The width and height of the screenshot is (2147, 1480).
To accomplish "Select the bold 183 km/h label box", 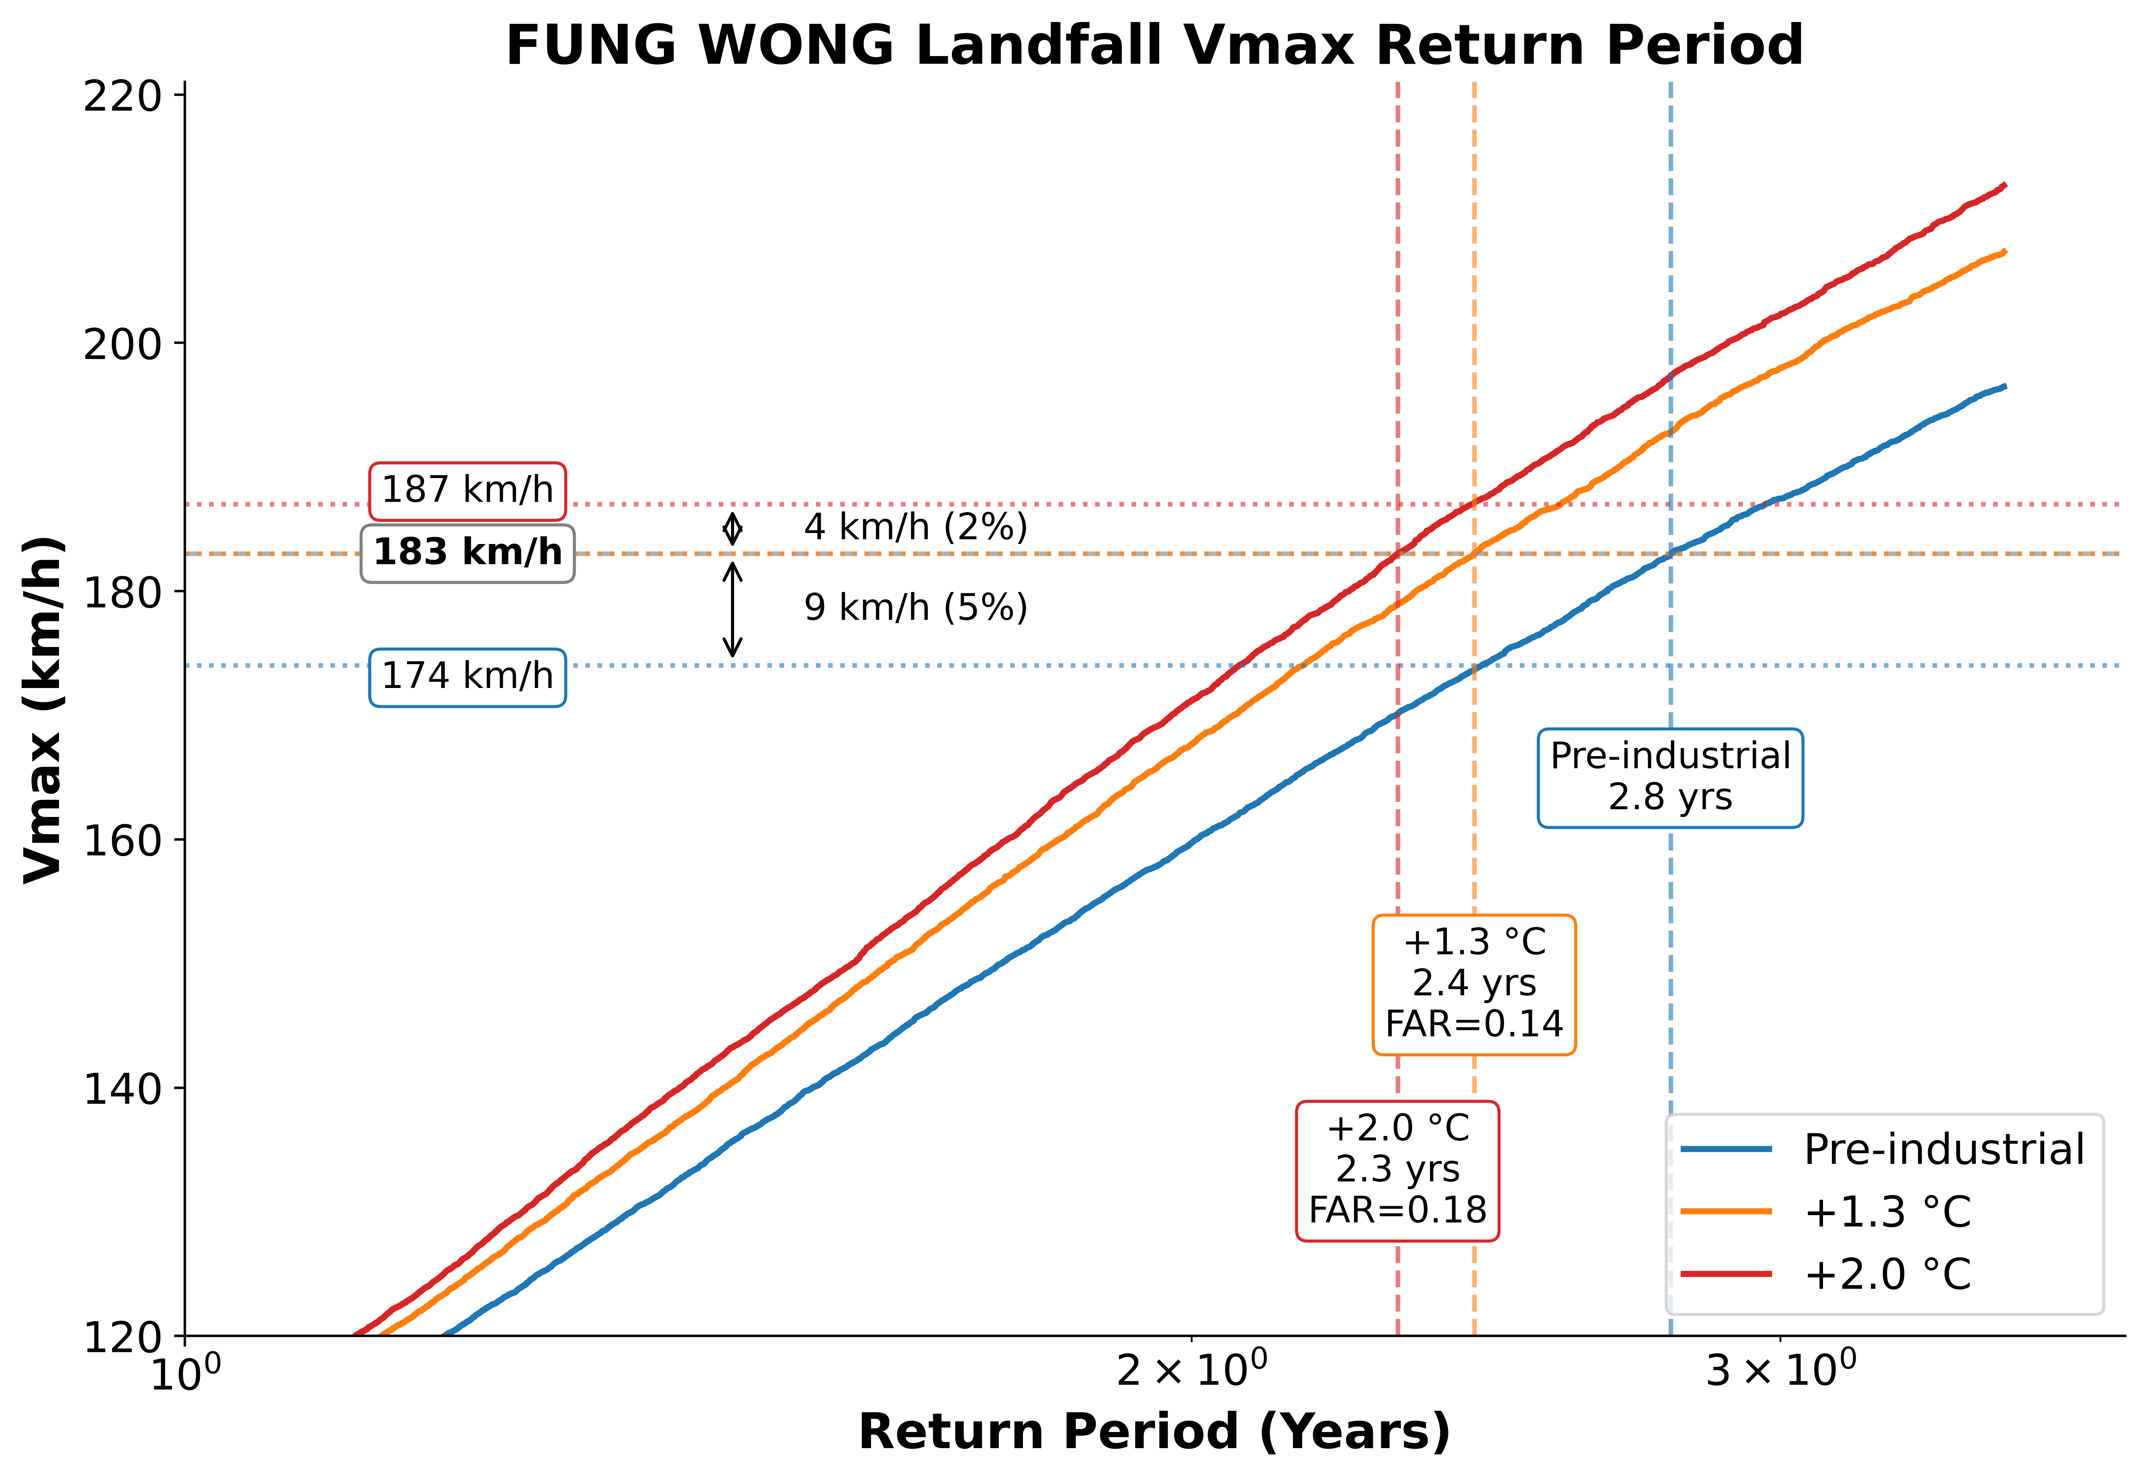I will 468,553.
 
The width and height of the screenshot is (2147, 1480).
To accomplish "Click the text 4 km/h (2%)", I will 915,527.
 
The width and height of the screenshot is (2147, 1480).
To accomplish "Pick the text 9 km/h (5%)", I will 915,607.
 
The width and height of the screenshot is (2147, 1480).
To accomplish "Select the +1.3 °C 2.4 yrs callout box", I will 1474,984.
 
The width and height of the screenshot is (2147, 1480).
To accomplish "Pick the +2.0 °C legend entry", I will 1883,1274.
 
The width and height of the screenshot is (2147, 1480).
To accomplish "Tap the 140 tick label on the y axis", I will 122,1089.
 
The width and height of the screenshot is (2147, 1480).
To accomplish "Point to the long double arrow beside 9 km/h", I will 733,609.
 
